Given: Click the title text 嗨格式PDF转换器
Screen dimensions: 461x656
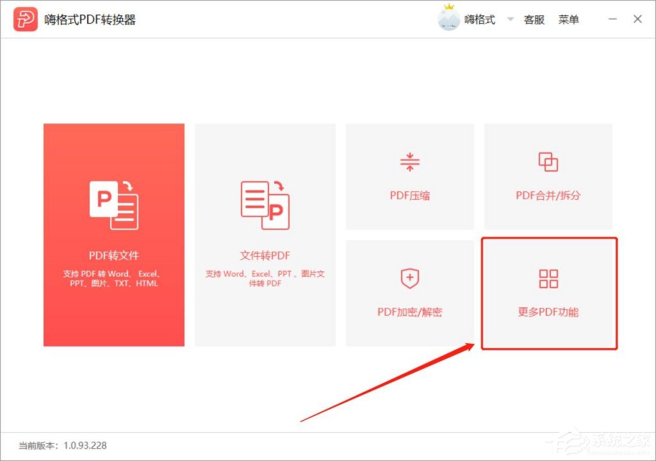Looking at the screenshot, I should (x=90, y=20).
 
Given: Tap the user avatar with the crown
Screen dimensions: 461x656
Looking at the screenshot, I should (x=448, y=19).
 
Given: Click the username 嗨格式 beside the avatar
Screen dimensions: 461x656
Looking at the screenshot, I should (x=480, y=20).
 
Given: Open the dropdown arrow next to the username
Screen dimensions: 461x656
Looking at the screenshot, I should (x=511, y=19).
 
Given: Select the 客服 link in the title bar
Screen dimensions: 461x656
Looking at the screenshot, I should (x=534, y=20).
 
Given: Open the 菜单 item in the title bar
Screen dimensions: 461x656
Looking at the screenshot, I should (x=569, y=20).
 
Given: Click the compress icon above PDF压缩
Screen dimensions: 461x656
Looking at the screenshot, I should (x=409, y=163).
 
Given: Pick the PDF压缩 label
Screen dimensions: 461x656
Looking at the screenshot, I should (x=410, y=195).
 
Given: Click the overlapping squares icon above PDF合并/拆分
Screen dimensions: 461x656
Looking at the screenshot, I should (x=548, y=163).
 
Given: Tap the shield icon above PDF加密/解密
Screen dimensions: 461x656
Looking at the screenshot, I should (x=409, y=279).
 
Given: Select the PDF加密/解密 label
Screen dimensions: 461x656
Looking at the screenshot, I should (x=410, y=312).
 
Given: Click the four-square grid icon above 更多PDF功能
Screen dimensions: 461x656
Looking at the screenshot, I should (x=548, y=279).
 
